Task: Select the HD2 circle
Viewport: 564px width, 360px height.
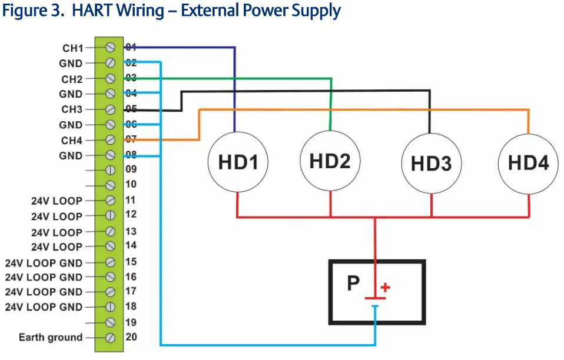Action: tap(330, 161)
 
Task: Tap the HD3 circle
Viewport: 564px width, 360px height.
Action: tap(430, 163)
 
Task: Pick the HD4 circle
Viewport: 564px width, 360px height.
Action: tap(528, 162)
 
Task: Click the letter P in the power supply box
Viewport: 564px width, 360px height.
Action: tap(353, 284)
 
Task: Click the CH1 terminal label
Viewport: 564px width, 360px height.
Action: tap(73, 48)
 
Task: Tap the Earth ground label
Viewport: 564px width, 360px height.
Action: tap(51, 337)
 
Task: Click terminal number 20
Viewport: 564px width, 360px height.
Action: tap(131, 337)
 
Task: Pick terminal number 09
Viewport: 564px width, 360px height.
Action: tap(131, 169)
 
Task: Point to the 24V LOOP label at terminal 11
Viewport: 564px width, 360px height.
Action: tap(57, 201)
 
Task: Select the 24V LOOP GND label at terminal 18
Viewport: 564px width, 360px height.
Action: tap(44, 306)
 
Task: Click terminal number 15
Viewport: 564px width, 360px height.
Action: tap(131, 261)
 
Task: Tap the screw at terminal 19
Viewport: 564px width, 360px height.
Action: tap(110, 322)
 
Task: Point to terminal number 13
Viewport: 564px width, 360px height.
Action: tap(131, 231)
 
